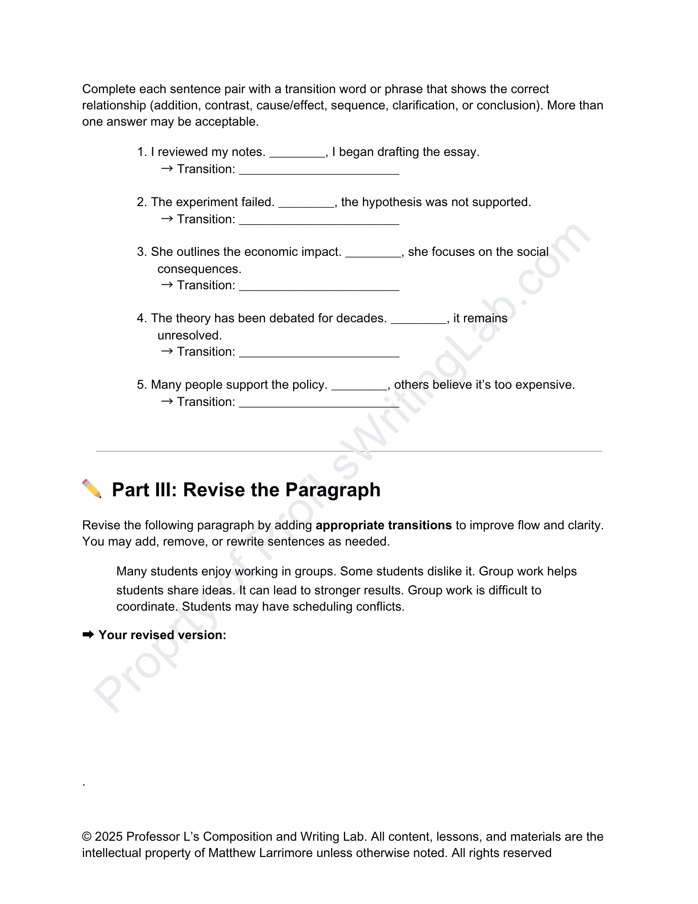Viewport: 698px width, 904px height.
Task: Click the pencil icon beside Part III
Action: pyautogui.click(x=92, y=489)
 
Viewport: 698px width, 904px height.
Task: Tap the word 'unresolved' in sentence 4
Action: pyautogui.click(x=189, y=335)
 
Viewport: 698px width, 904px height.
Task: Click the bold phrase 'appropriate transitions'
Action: pyautogui.click(x=384, y=525)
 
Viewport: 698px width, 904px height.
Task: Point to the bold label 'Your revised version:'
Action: pyautogui.click(x=162, y=635)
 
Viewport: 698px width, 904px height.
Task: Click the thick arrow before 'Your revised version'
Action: pyautogui.click(x=88, y=635)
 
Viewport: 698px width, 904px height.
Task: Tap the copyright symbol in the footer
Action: pyautogui.click(x=87, y=837)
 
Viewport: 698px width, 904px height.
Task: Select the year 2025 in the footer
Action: pyautogui.click(x=108, y=837)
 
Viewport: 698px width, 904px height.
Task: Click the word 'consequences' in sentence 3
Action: pyautogui.click(x=199, y=269)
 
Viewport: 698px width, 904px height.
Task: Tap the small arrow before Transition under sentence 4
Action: pyautogui.click(x=167, y=351)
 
